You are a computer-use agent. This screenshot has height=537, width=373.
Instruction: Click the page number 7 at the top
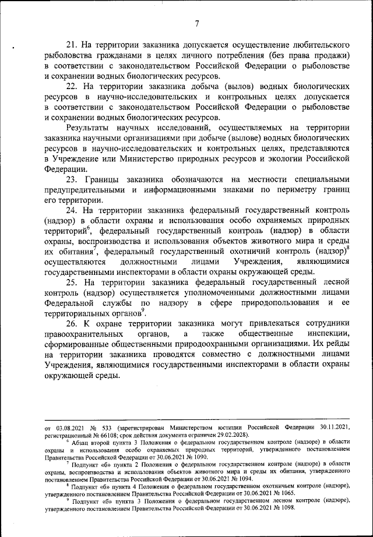click(x=197, y=23)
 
